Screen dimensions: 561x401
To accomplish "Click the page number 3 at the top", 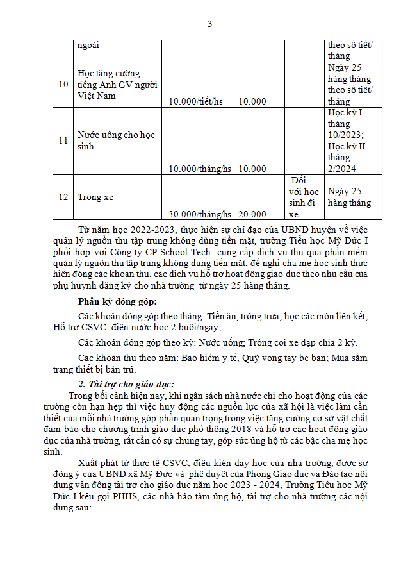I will point(209,24).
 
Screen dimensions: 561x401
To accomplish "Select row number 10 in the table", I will point(63,84).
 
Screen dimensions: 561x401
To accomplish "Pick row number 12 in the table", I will point(63,197).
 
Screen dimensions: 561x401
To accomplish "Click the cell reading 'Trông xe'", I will point(95,197).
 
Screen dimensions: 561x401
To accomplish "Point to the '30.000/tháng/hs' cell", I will point(199,214).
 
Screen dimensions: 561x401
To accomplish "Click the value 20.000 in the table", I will point(252,214).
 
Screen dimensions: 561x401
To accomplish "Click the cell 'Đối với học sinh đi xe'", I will point(302,197).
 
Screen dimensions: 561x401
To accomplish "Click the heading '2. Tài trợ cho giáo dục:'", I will point(126,383).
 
